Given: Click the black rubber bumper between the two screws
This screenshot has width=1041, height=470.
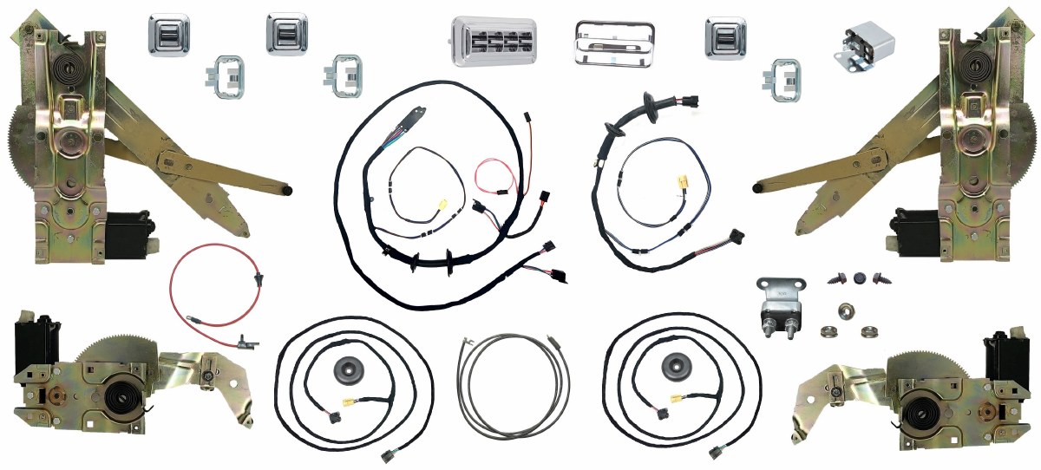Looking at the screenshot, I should [x=860, y=278].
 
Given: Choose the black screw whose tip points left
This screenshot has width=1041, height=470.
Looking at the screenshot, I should [x=839, y=279].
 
